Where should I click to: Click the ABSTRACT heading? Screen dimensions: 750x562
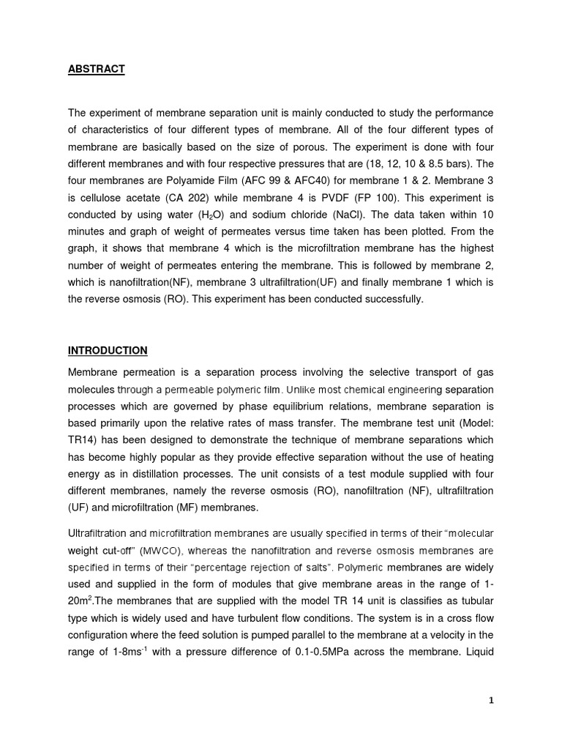point(96,69)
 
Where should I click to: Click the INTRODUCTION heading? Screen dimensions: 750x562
point(108,350)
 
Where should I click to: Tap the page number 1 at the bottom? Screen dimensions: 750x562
point(491,700)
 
